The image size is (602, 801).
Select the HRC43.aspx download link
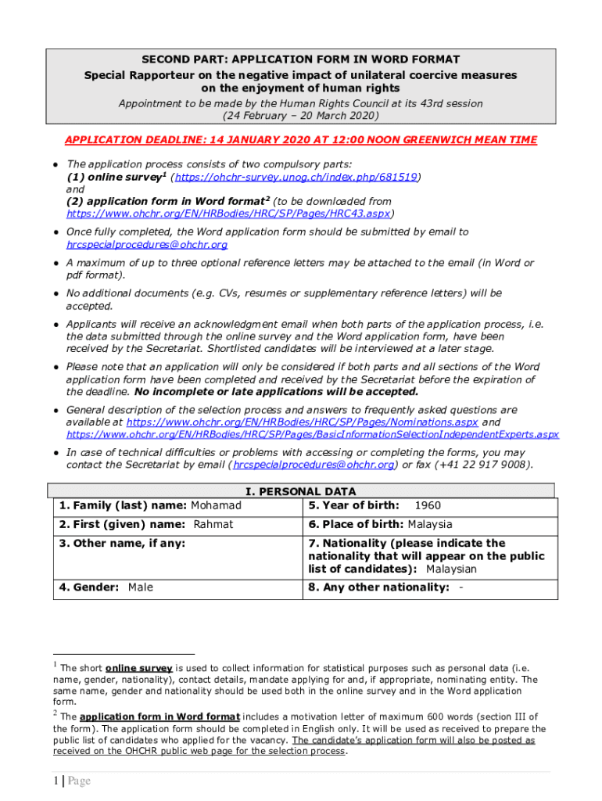click(229, 213)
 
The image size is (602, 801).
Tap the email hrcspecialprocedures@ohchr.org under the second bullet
click(146, 244)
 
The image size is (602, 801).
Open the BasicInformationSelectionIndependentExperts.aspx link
click(312, 434)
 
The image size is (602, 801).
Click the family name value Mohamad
click(217, 505)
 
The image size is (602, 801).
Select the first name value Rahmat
click(213, 524)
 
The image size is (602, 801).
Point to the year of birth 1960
click(428, 505)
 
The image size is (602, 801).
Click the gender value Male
click(141, 587)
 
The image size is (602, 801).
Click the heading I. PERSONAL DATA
click(301, 492)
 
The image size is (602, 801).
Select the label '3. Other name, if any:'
click(123, 543)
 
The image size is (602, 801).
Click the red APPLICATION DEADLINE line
click(301, 140)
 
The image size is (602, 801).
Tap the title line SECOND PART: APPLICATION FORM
click(300, 59)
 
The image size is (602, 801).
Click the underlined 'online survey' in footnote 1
click(138, 668)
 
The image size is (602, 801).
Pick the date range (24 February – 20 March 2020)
click(300, 116)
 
